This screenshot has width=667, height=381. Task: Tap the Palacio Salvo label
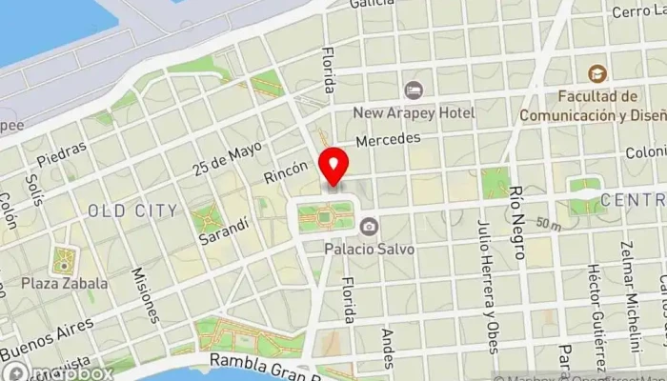367,248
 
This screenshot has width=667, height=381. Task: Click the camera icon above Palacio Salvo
368,226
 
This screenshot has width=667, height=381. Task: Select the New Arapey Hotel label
414,113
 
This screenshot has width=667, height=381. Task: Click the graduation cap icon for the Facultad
596,73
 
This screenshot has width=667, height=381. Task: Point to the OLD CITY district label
131,209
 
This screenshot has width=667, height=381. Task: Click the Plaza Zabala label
64,283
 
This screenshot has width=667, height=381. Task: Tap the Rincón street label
286,171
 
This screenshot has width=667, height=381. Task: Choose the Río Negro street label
519,223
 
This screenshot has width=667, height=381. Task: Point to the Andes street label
387,349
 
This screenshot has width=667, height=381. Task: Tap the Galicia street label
372,4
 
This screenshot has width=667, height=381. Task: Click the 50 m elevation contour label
548,224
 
